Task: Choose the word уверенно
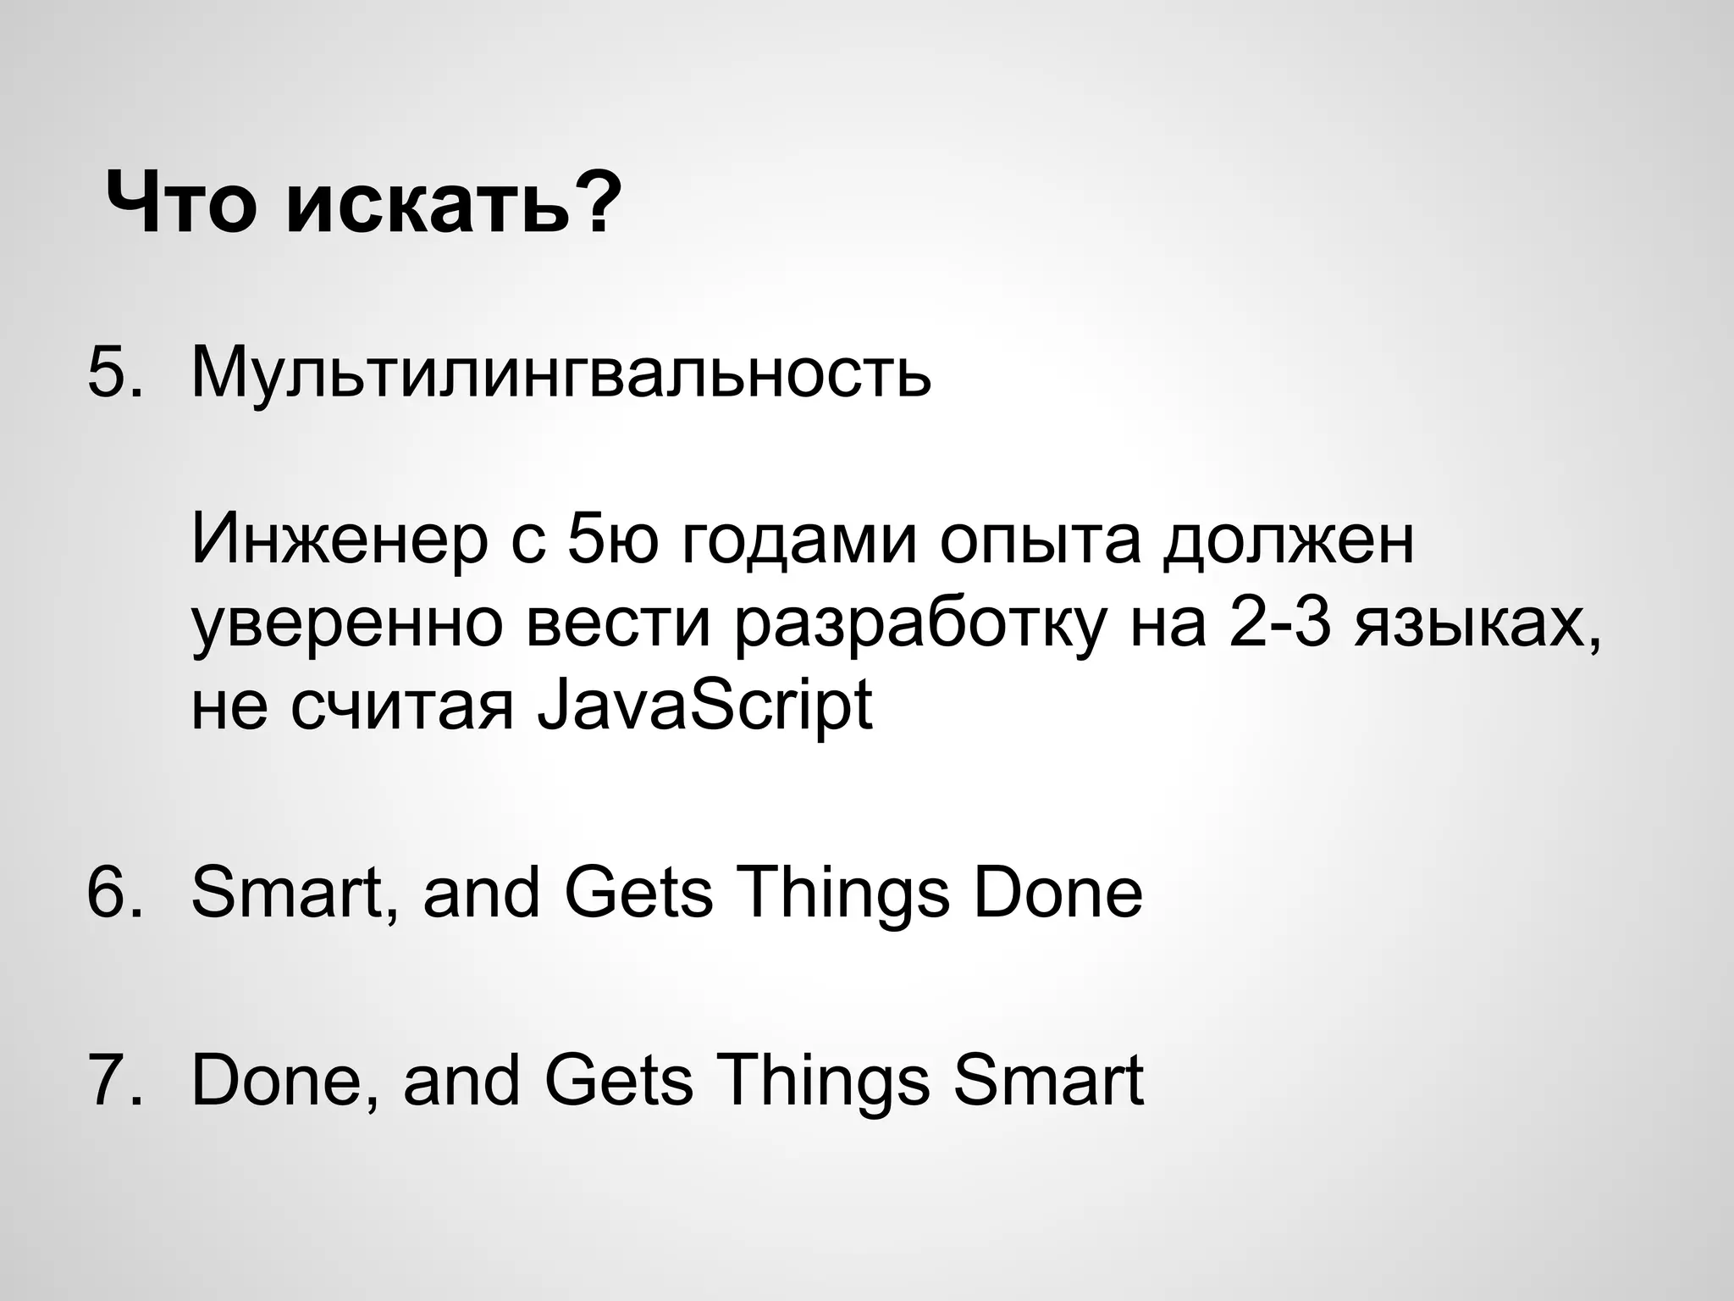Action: coord(347,628)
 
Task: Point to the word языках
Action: coord(1477,628)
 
